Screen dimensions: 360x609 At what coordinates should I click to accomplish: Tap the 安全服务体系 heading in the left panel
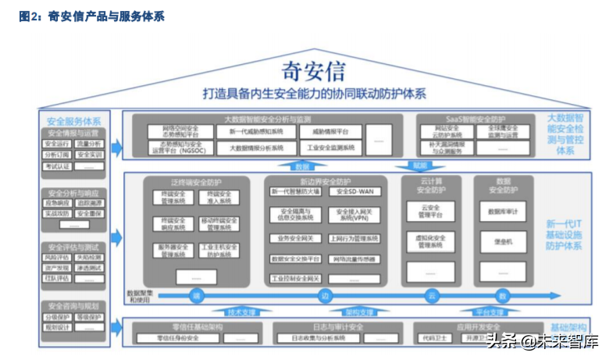(74, 121)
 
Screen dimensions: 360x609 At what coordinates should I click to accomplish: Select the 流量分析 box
(91, 144)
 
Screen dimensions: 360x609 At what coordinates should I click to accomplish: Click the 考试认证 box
(59, 166)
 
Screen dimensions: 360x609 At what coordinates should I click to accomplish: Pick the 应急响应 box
(58, 202)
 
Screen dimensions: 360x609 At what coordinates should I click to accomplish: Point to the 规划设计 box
(58, 328)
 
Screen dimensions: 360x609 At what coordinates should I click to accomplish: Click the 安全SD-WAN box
(354, 191)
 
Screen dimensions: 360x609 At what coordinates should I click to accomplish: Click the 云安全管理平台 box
(429, 211)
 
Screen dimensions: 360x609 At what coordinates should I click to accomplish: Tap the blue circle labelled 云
(430, 295)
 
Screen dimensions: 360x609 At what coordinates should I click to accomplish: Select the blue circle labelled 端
(196, 295)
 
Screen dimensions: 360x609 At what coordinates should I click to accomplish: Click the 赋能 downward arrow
(420, 166)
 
